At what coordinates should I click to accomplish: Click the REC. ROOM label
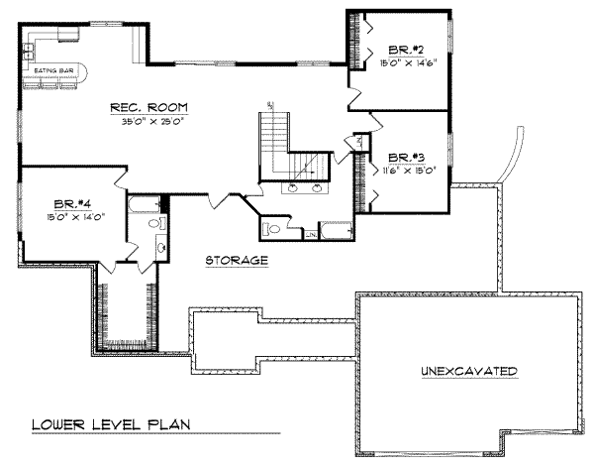click(150, 107)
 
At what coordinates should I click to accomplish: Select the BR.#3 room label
click(407, 157)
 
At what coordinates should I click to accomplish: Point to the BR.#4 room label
click(69, 200)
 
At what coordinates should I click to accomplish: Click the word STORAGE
click(237, 261)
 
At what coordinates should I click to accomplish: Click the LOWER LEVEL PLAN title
click(109, 425)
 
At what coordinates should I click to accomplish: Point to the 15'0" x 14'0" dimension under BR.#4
click(69, 213)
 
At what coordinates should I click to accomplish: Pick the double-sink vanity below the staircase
click(305, 186)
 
